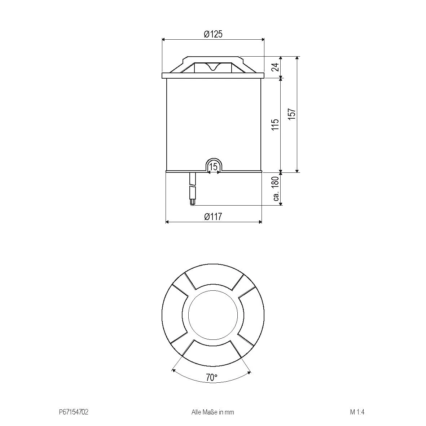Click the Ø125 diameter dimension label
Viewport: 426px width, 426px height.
click(213, 34)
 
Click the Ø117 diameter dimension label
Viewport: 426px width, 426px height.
click(213, 217)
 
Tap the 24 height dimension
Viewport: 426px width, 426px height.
click(275, 67)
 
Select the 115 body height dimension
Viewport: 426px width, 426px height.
click(275, 125)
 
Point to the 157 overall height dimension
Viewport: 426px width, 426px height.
click(292, 114)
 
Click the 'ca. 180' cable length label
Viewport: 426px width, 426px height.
click(276, 189)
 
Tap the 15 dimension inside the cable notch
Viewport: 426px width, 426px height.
click(214, 167)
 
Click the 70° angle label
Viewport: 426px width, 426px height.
click(212, 378)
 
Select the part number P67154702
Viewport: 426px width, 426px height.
click(73, 412)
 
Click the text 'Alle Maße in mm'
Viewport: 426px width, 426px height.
click(213, 412)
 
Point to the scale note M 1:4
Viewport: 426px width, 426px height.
click(355, 412)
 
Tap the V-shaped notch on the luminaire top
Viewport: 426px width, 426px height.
click(213, 67)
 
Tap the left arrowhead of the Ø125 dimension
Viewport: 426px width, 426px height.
click(164, 40)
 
